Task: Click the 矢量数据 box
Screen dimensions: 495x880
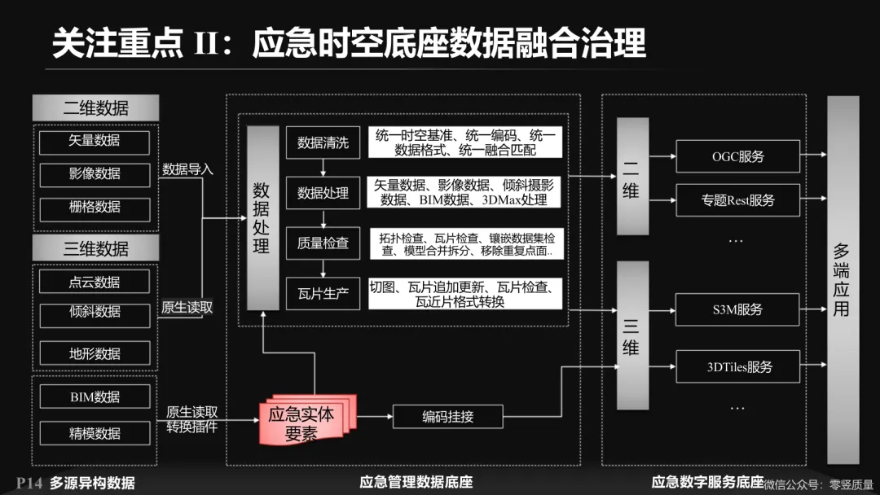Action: [95, 142]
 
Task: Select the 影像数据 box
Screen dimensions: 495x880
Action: [95, 174]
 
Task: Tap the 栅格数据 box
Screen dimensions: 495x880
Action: [95, 208]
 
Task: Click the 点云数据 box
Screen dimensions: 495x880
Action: [95, 282]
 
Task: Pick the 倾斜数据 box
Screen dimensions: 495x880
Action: [95, 313]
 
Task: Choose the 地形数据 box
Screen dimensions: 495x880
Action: [95, 353]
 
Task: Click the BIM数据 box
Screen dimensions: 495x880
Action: [95, 397]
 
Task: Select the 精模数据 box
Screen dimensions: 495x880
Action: [95, 433]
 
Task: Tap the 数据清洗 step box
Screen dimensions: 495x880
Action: [323, 143]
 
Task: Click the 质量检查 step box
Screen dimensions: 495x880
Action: [323, 243]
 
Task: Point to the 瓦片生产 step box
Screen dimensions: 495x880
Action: [323, 293]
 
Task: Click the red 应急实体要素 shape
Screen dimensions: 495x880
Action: [301, 420]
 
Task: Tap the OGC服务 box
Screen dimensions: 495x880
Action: [737, 156]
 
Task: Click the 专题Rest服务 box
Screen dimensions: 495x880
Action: [737, 199]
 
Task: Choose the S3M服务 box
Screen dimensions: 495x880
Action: [737, 310]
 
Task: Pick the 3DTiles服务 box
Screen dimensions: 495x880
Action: [737, 366]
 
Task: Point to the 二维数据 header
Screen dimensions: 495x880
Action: [95, 107]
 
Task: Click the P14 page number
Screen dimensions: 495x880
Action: [29, 483]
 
